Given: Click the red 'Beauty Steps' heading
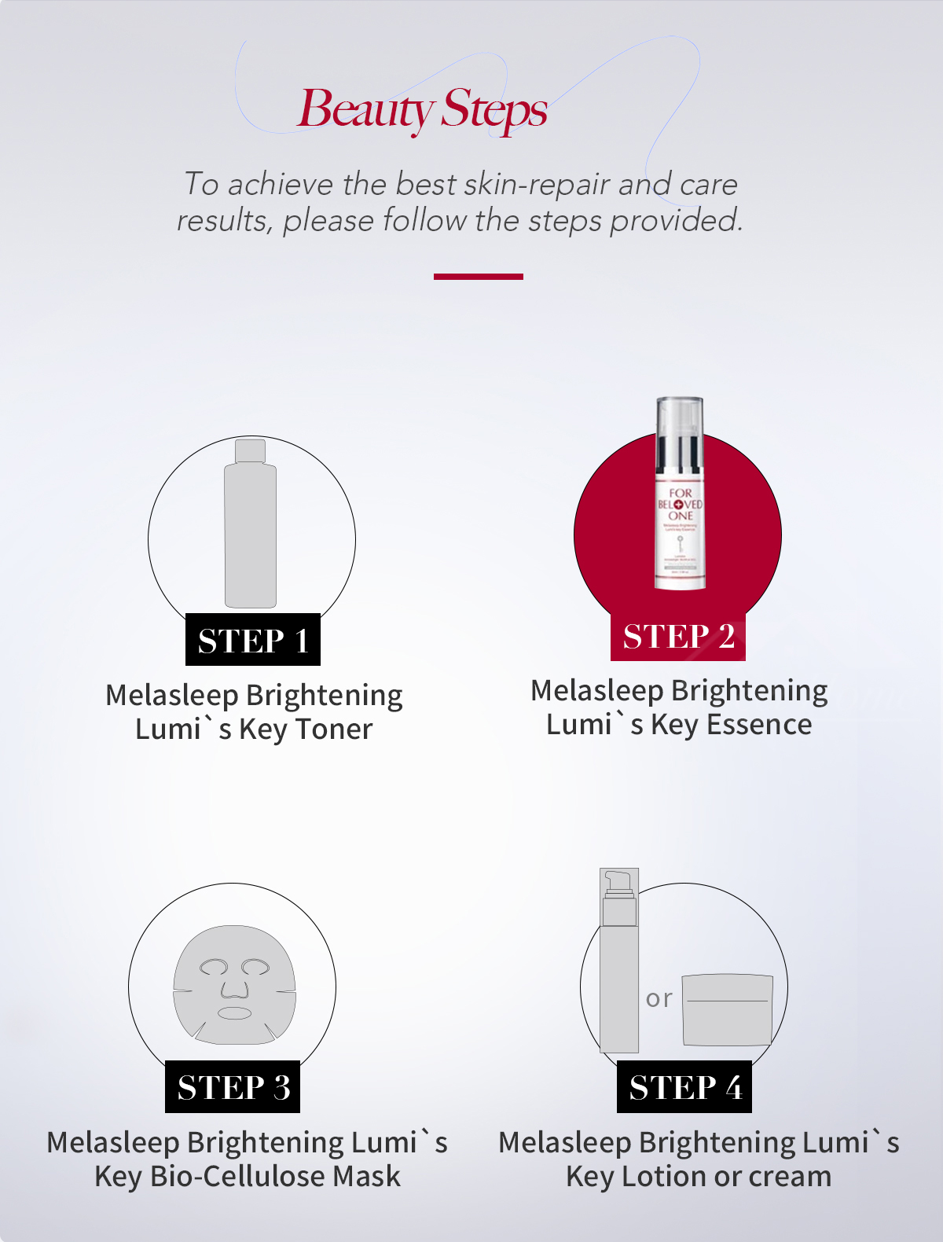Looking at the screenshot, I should [422, 109].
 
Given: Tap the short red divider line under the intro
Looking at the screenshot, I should [478, 277].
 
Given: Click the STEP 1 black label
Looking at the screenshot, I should [252, 640].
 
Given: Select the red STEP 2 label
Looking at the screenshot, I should [678, 636].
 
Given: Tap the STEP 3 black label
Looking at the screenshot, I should [233, 1087].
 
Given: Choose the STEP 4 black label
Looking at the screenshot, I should [684, 1087].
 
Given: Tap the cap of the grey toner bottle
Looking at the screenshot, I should [250, 450].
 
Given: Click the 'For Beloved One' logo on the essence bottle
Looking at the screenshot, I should [681, 504].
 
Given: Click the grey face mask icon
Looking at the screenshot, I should [234, 984].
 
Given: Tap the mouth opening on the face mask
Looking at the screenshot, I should [234, 1012].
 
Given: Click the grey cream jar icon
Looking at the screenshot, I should [728, 1010].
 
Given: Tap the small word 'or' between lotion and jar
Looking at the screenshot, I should [659, 999].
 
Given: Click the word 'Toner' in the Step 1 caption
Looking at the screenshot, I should [333, 729].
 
